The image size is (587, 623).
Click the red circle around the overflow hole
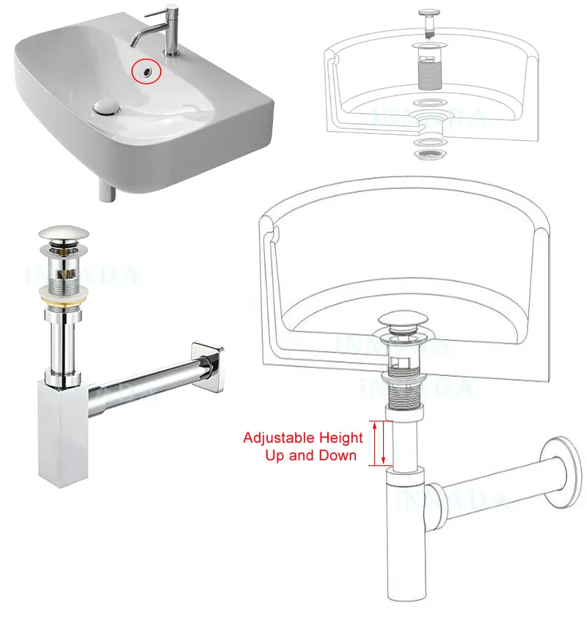tap(145, 71)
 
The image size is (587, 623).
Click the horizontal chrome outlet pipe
tap(139, 385)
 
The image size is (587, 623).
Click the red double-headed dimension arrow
tap(380, 443)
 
